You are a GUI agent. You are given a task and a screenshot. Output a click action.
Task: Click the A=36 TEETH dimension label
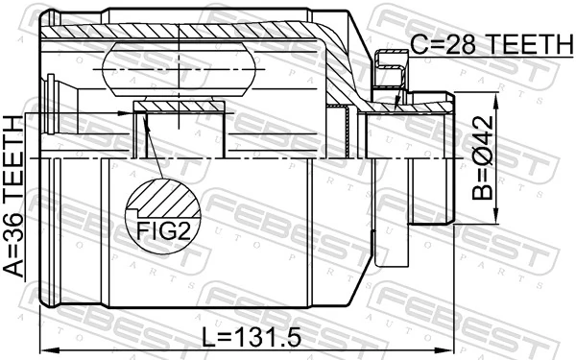(x=13, y=196)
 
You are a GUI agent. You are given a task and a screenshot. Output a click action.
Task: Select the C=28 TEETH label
(x=489, y=43)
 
